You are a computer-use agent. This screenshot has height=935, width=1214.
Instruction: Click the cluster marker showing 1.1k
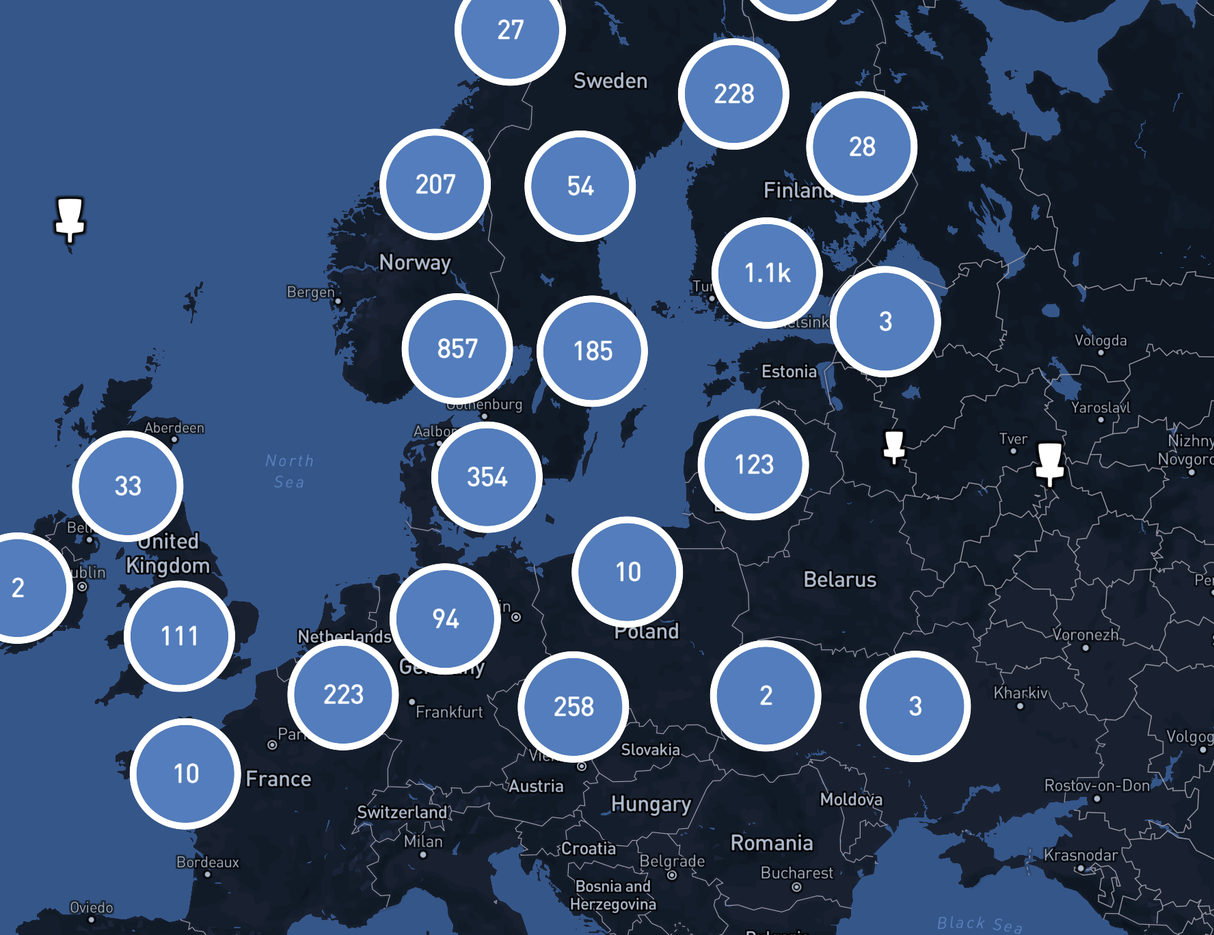(x=767, y=273)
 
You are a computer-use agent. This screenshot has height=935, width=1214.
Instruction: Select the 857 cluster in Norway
(x=457, y=349)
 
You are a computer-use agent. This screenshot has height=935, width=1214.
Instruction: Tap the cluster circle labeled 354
(x=487, y=477)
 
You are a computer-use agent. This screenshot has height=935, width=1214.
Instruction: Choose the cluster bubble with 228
(x=733, y=94)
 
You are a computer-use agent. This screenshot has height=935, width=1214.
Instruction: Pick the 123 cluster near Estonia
(x=753, y=465)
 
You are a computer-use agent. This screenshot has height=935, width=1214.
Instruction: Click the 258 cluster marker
(x=573, y=707)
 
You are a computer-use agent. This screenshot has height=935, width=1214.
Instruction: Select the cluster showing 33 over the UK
(x=128, y=486)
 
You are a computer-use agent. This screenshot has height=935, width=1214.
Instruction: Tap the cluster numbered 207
(x=435, y=184)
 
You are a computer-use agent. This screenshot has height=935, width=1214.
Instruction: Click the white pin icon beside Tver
(x=1049, y=462)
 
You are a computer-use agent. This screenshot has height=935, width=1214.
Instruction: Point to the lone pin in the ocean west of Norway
(x=70, y=219)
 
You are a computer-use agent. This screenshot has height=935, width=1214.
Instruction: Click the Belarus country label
(x=839, y=580)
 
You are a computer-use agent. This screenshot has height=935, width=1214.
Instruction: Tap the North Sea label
(x=289, y=471)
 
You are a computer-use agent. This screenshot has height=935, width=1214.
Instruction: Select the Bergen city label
(x=310, y=292)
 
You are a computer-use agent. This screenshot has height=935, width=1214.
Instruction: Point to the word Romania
(x=772, y=843)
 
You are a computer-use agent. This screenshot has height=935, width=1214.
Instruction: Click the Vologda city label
(x=1100, y=340)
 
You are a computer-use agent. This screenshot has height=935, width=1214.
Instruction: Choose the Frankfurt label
(x=449, y=712)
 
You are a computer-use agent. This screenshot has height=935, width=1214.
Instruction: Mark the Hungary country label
(x=651, y=804)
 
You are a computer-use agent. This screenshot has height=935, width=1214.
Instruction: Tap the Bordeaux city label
(x=208, y=862)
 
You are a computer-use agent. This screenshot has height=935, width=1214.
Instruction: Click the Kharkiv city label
(x=1020, y=693)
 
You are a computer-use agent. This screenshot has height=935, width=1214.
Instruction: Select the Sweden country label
(x=610, y=81)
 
